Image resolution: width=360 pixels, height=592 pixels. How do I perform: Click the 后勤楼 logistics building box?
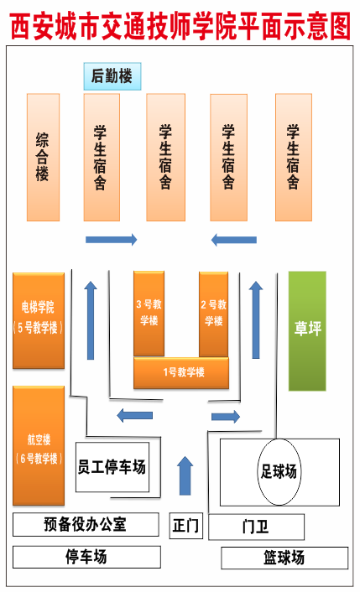(x=112, y=76)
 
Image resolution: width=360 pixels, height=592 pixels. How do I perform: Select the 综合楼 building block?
(x=43, y=157)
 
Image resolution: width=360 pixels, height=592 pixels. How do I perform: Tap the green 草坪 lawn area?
(x=307, y=330)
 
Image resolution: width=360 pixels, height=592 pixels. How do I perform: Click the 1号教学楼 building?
(x=181, y=372)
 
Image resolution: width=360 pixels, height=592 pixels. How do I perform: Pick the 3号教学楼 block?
(x=149, y=314)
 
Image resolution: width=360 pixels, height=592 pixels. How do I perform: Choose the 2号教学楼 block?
(x=213, y=314)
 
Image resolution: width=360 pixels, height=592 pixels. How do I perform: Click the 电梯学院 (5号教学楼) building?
(x=39, y=320)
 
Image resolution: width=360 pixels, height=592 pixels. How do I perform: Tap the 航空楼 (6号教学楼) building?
(x=39, y=445)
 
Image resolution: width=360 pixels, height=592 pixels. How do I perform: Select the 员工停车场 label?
(x=112, y=467)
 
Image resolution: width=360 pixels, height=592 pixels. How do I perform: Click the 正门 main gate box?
(x=185, y=526)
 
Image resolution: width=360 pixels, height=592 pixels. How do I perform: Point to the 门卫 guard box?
(x=257, y=527)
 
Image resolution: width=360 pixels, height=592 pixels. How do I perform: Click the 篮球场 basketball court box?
(x=284, y=558)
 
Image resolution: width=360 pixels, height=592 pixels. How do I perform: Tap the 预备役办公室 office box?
(x=86, y=524)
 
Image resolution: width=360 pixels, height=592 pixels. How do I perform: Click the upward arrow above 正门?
(x=185, y=475)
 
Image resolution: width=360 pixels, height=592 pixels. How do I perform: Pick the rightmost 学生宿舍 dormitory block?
(x=294, y=157)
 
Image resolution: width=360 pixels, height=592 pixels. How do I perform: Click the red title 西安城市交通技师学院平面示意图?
(x=180, y=27)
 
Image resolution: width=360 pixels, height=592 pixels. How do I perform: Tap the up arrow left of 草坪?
(x=256, y=319)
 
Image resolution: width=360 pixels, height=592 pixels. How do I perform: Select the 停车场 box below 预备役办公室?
(x=86, y=557)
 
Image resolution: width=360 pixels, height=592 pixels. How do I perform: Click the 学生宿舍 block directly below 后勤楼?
(x=102, y=157)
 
